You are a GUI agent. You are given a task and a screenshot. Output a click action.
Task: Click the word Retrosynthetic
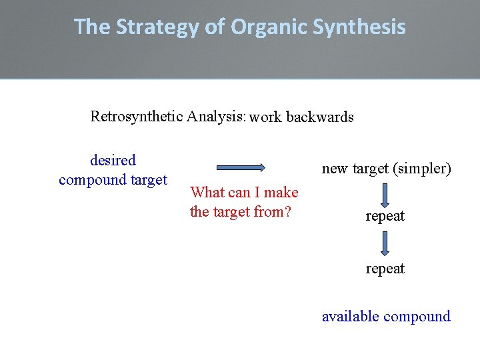pos(137,117)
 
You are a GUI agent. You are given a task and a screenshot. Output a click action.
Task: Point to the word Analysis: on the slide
pos(217,117)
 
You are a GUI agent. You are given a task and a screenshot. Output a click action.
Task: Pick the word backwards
pos(320,117)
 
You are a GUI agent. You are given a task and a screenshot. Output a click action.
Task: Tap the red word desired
pos(113,161)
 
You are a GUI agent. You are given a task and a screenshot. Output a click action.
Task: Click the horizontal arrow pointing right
pos(241,167)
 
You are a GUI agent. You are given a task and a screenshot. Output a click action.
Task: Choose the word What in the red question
pos(207,193)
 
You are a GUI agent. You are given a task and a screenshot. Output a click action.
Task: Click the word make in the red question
pos(281,193)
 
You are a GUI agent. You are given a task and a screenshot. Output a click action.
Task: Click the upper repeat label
pos(385,217)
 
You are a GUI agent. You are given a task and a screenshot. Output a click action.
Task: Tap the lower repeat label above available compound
pos(385,269)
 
